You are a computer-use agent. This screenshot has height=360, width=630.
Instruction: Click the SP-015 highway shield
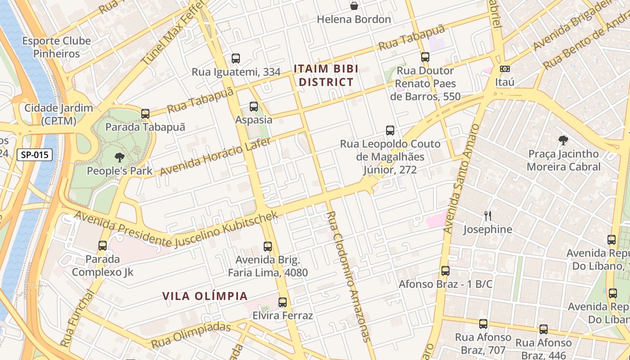point(35,155)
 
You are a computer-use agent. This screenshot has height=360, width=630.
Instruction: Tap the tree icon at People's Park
point(119,157)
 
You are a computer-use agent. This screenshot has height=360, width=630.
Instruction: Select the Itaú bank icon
point(504,69)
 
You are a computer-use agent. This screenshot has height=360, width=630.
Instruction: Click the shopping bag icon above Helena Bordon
point(354,6)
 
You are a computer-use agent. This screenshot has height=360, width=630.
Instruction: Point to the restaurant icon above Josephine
point(487,216)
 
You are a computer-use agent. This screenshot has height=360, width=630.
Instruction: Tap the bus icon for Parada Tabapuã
point(145,114)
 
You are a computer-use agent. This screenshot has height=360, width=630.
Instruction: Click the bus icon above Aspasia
point(254,107)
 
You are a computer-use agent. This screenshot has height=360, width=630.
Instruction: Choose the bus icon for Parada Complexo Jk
point(103,246)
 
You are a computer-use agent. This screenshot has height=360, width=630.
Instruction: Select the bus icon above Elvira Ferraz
point(283,302)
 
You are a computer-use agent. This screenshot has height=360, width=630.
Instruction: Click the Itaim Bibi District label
point(326,76)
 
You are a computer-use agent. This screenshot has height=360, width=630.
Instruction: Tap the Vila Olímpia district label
point(205,296)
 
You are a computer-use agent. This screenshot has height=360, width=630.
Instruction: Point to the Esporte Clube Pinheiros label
point(57,47)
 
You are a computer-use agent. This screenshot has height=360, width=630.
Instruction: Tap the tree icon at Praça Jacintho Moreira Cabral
point(562,140)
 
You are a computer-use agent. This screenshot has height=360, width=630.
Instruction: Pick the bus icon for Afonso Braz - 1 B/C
point(445,271)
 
